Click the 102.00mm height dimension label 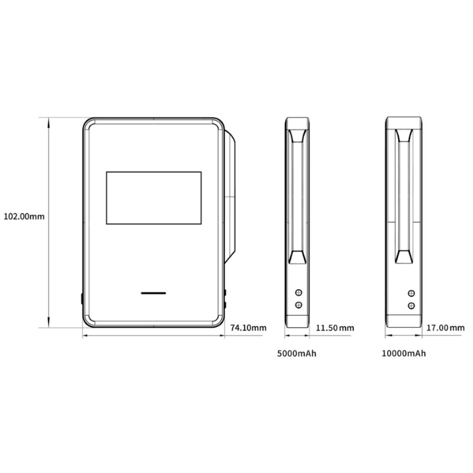point(24,216)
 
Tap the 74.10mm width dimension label point(248,328)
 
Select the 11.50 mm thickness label point(335,328)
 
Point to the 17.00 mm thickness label point(445,328)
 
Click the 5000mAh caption point(297,353)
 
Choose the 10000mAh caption point(404,353)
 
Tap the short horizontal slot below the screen point(153,293)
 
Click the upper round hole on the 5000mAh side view point(299,293)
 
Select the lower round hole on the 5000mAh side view point(299,305)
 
